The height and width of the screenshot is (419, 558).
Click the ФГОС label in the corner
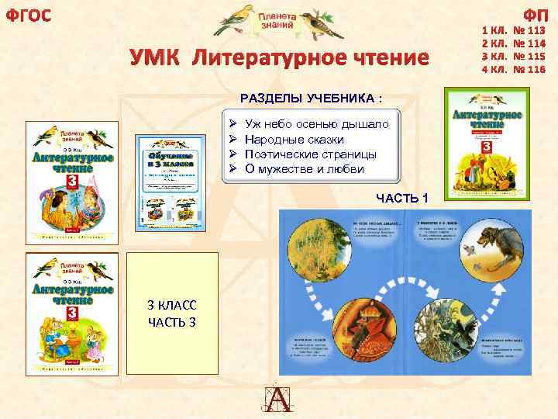coord(29,15)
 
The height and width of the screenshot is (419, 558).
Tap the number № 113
coord(529,33)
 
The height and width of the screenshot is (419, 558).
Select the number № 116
coord(529,69)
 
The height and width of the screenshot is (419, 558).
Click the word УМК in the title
coord(155,58)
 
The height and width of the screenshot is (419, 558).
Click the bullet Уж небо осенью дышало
coord(322,124)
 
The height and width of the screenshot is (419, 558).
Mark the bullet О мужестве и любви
coord(304,168)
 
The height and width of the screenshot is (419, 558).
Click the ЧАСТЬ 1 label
coord(402,199)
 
